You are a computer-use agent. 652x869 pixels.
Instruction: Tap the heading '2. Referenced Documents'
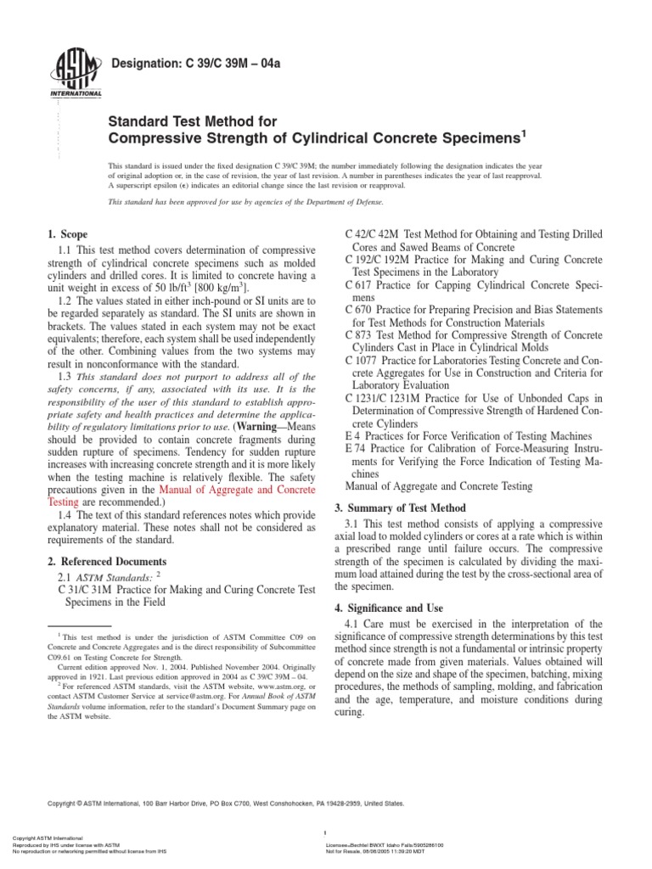click(x=105, y=562)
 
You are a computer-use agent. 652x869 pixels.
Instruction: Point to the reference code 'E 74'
click(x=357, y=447)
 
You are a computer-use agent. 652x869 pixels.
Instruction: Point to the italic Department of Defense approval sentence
click(x=245, y=203)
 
